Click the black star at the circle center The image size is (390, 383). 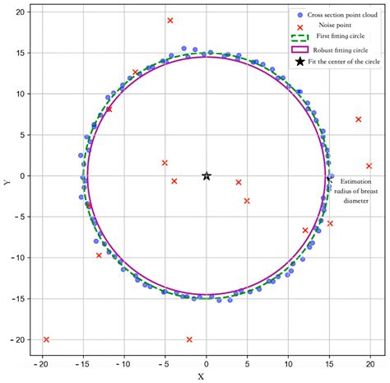pyautogui.click(x=207, y=175)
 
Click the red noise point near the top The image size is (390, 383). pyautogui.click(x=170, y=20)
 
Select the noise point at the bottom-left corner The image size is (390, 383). pyautogui.click(x=46, y=339)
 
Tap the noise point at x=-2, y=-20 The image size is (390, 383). pyautogui.click(x=190, y=339)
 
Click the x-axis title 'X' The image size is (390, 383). pyautogui.click(x=201, y=376)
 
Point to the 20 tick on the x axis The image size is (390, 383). pyautogui.click(x=370, y=362)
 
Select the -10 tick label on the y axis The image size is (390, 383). pyautogui.click(x=19, y=258)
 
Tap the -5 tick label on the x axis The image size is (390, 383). pyautogui.click(x=165, y=362)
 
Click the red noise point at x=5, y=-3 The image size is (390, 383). pyautogui.click(x=247, y=200)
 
